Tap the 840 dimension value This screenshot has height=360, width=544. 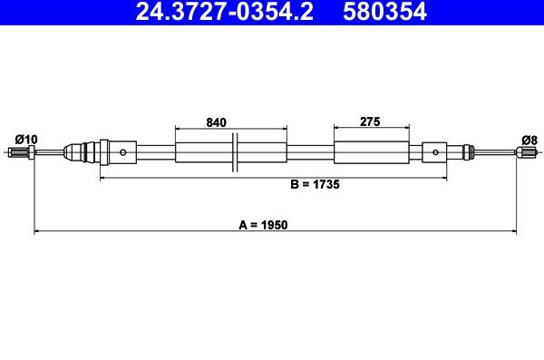tap(216, 122)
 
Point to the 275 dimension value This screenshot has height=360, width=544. tap(369, 122)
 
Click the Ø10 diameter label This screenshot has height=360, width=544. tap(26, 139)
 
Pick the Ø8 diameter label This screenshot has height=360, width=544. tap(529, 139)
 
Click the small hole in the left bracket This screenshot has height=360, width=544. tap(122, 152)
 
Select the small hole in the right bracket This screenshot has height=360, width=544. tap(436, 152)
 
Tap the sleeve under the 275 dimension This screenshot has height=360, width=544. tap(369, 152)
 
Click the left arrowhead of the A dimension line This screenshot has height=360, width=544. tap(37, 232)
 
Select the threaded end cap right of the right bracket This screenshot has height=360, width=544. tap(467, 152)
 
